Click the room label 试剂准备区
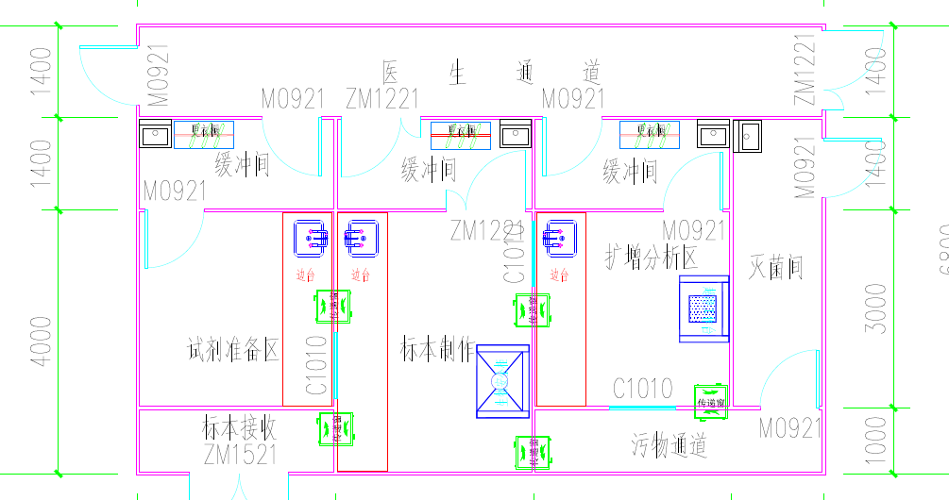(x=234, y=351)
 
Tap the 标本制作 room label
(x=437, y=350)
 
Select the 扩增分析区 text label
(x=651, y=256)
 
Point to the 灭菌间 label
(x=776, y=267)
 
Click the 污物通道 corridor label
(x=669, y=444)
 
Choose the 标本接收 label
(x=240, y=428)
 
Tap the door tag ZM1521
(x=240, y=455)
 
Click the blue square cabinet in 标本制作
(x=500, y=380)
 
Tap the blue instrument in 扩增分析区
(x=703, y=308)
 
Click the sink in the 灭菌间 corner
(x=750, y=138)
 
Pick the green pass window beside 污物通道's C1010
(x=709, y=400)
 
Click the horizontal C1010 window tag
(x=643, y=388)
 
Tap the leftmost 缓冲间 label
(x=242, y=168)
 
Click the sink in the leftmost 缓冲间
(x=154, y=136)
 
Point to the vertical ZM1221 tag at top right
(x=805, y=71)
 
